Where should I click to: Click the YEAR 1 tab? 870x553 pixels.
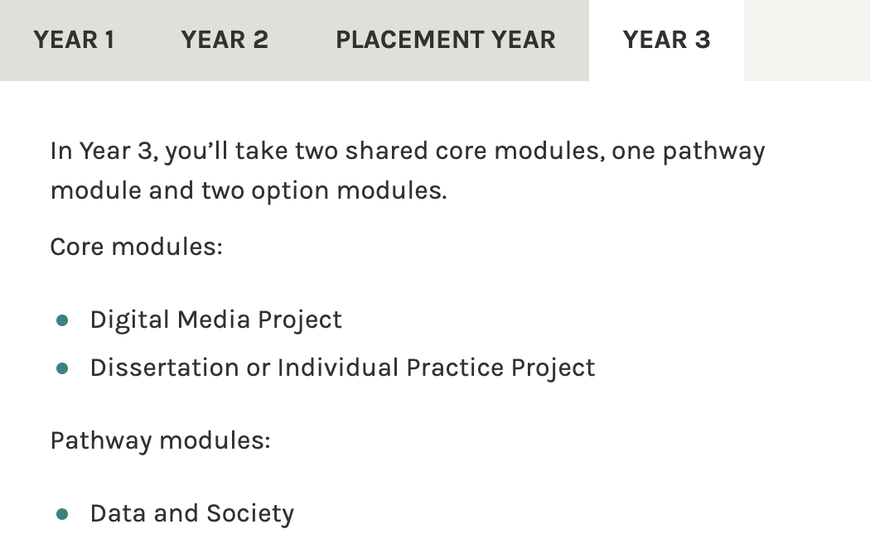[74, 40]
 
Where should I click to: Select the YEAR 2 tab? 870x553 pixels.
[225, 40]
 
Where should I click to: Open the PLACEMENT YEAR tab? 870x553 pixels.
[446, 40]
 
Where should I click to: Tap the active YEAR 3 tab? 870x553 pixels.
[666, 40]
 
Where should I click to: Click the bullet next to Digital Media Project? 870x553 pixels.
[62, 320]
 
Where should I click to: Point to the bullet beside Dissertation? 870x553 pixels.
[62, 368]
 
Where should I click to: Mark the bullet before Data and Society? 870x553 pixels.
[62, 514]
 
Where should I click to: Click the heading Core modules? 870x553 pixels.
[137, 247]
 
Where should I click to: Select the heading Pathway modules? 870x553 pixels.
[161, 441]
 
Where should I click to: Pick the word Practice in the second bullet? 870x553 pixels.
[454, 368]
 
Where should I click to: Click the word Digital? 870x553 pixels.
[130, 320]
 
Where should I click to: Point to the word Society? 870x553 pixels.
[250, 514]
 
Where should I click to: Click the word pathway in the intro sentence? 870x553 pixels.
[713, 151]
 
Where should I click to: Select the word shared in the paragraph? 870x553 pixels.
[386, 151]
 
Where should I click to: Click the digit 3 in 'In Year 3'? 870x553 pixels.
[144, 151]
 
